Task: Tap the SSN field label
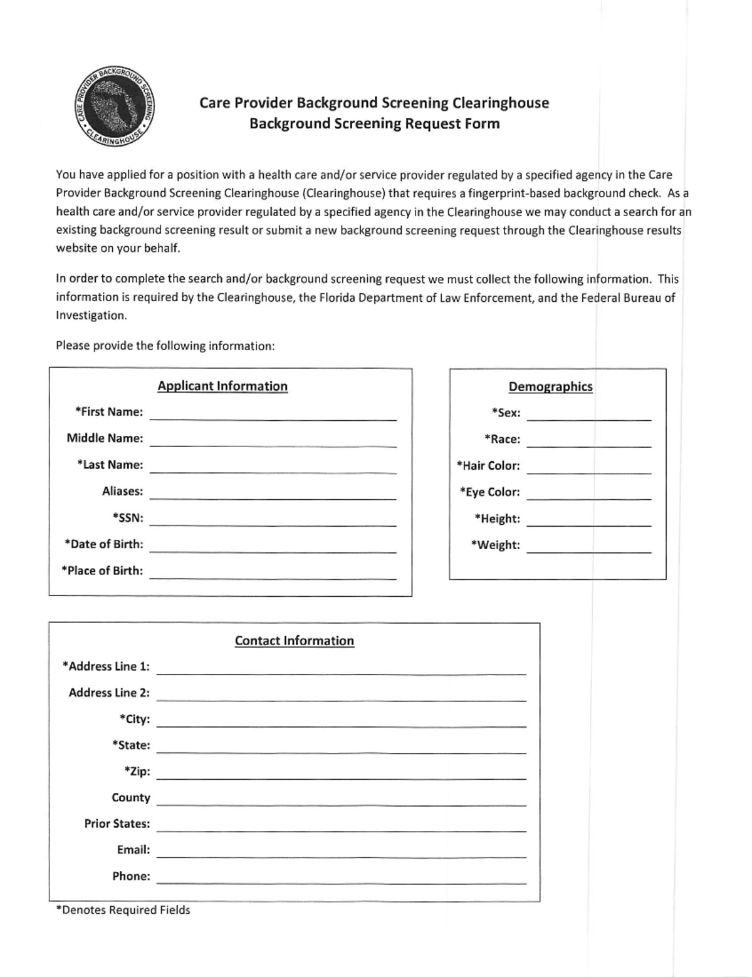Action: coord(128,518)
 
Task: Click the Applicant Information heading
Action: coord(222,386)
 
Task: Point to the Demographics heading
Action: coord(550,386)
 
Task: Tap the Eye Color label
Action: coord(489,492)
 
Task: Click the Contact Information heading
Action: coord(294,641)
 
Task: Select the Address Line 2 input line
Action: coord(342,696)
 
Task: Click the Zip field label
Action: coord(137,772)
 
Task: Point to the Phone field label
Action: coord(131,876)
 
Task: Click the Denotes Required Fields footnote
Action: coord(123,910)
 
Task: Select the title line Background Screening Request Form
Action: coord(374,123)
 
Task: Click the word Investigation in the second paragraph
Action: coord(91,315)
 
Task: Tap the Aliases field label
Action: coord(122,491)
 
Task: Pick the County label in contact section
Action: coord(130,797)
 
